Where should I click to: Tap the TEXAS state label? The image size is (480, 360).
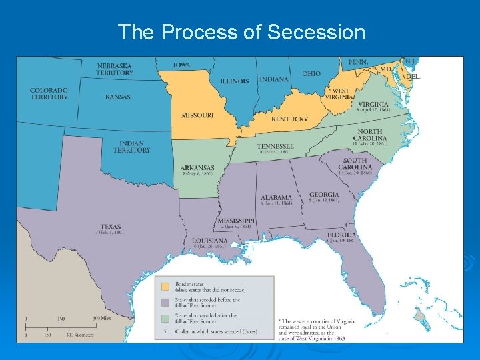pos(111,227)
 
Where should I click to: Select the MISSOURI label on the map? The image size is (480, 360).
pos(197,115)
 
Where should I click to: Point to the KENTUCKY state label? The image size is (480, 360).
pos(290,119)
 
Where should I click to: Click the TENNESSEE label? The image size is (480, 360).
pos(275,146)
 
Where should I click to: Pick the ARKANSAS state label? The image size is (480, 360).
pos(197,167)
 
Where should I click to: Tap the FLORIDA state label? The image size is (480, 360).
pos(341,235)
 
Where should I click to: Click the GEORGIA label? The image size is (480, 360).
pos(324,195)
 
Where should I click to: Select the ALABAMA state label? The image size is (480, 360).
pos(276,197)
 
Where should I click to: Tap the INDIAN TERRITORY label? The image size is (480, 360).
pos(132,147)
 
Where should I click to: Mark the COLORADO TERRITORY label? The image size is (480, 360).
pos(49,93)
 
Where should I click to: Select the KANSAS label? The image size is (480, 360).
pos(118,97)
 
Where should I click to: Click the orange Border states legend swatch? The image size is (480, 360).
pos(165,286)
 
